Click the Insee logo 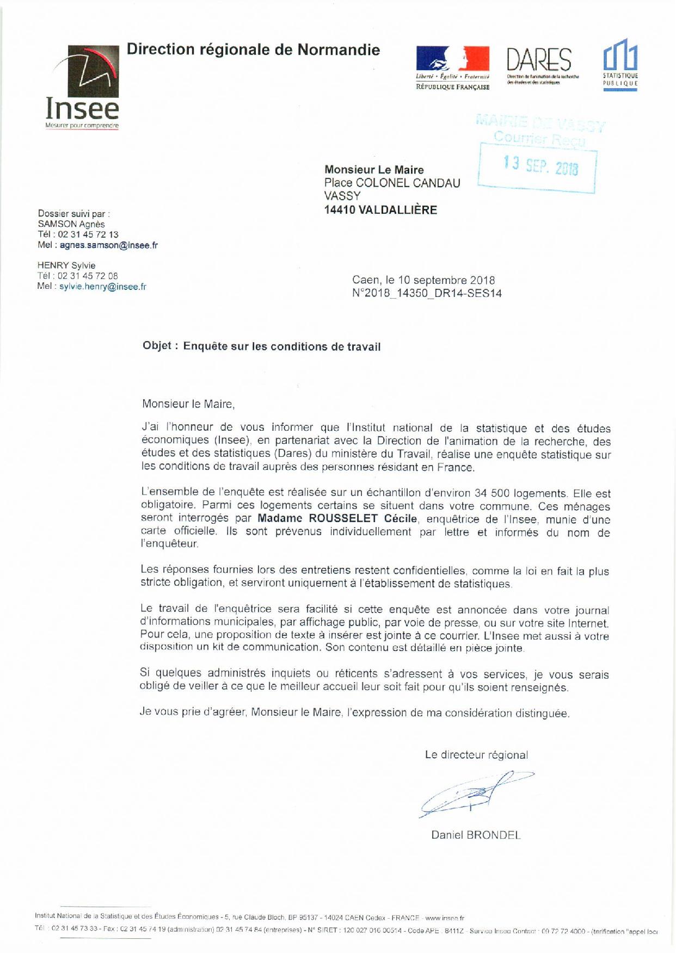82,87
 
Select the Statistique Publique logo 620,64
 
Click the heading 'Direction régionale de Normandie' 253,50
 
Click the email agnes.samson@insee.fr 109,245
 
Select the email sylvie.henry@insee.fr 103,287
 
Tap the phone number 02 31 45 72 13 88,234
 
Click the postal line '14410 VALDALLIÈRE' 380,210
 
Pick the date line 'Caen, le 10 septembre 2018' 423,281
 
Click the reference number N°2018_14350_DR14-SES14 427,294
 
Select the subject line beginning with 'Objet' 262,346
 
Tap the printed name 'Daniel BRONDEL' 476,834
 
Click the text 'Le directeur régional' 476,755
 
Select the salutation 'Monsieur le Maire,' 188,404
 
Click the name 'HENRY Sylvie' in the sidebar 66,265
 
